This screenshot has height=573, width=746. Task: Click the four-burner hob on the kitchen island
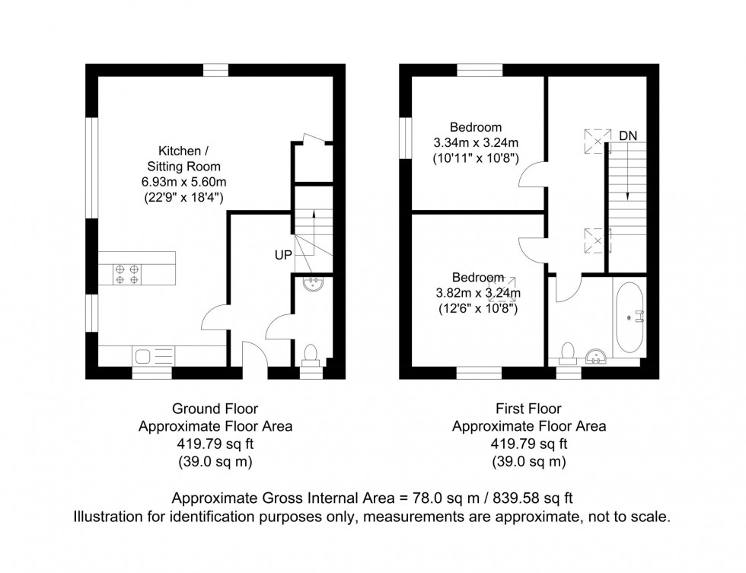pos(127,273)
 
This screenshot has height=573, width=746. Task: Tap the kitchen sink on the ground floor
pos(143,355)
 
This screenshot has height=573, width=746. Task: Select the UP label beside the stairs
pos(283,256)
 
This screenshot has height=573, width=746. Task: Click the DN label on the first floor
pos(627,135)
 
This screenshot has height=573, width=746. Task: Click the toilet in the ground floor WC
pos(311,355)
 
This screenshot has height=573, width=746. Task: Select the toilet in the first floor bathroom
pos(566,351)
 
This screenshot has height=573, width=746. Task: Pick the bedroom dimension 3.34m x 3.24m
pos(476,142)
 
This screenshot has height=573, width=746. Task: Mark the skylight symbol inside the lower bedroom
pos(501,290)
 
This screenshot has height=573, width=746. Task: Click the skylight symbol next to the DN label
pos(597,140)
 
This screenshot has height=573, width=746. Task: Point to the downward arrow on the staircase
pos(626,175)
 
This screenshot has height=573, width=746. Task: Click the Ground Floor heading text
pos(215,409)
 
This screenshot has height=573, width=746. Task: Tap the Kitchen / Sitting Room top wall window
pos(216,70)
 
